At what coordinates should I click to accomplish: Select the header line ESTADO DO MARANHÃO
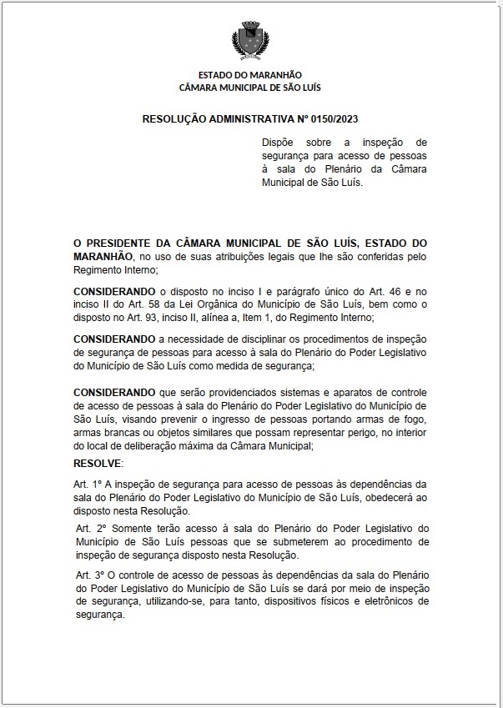click(x=250, y=75)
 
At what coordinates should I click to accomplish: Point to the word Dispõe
click(x=279, y=143)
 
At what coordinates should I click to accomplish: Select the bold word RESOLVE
click(x=98, y=463)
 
